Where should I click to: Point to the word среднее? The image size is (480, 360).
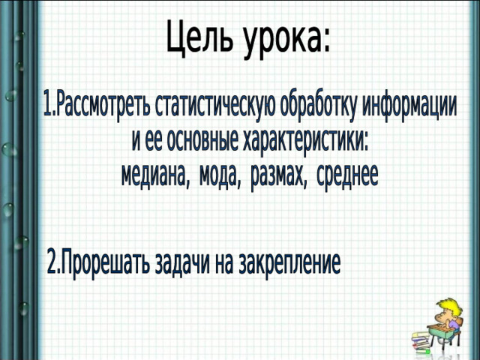point(347,175)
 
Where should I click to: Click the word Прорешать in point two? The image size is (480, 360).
point(103,263)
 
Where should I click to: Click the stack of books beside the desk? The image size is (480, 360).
point(421,342)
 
